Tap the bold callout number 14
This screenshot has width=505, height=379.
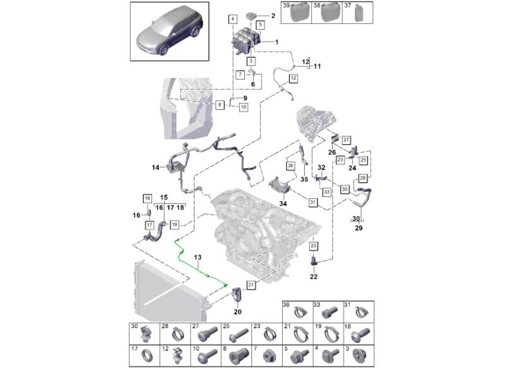(x=155, y=168)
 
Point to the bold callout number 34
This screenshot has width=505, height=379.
(x=283, y=204)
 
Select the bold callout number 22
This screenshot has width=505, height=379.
(x=314, y=277)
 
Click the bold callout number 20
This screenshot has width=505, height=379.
(x=237, y=311)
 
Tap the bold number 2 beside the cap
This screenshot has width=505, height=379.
(x=273, y=15)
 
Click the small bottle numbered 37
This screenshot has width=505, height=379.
(x=358, y=13)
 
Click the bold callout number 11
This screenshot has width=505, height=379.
(x=317, y=66)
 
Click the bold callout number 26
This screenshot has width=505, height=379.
(x=331, y=152)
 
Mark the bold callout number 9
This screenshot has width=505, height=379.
(x=245, y=97)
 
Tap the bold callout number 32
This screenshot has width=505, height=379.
(x=321, y=167)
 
